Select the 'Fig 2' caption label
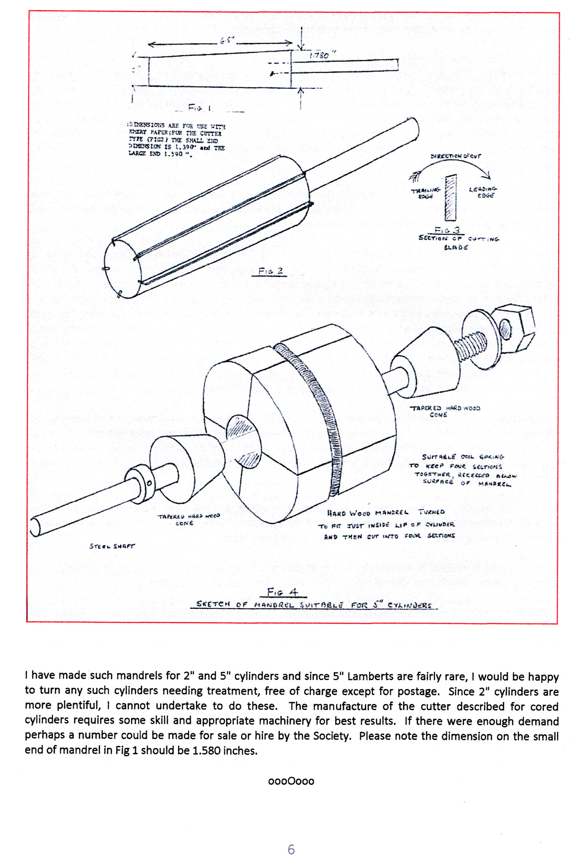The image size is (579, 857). [x=271, y=271]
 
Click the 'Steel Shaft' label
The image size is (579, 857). [x=112, y=546]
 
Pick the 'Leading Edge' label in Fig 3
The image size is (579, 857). [x=483, y=192]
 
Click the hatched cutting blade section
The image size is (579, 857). [x=451, y=198]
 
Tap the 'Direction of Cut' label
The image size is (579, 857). [x=456, y=156]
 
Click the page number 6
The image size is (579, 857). [x=291, y=849]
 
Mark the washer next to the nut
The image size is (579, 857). [x=481, y=339]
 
